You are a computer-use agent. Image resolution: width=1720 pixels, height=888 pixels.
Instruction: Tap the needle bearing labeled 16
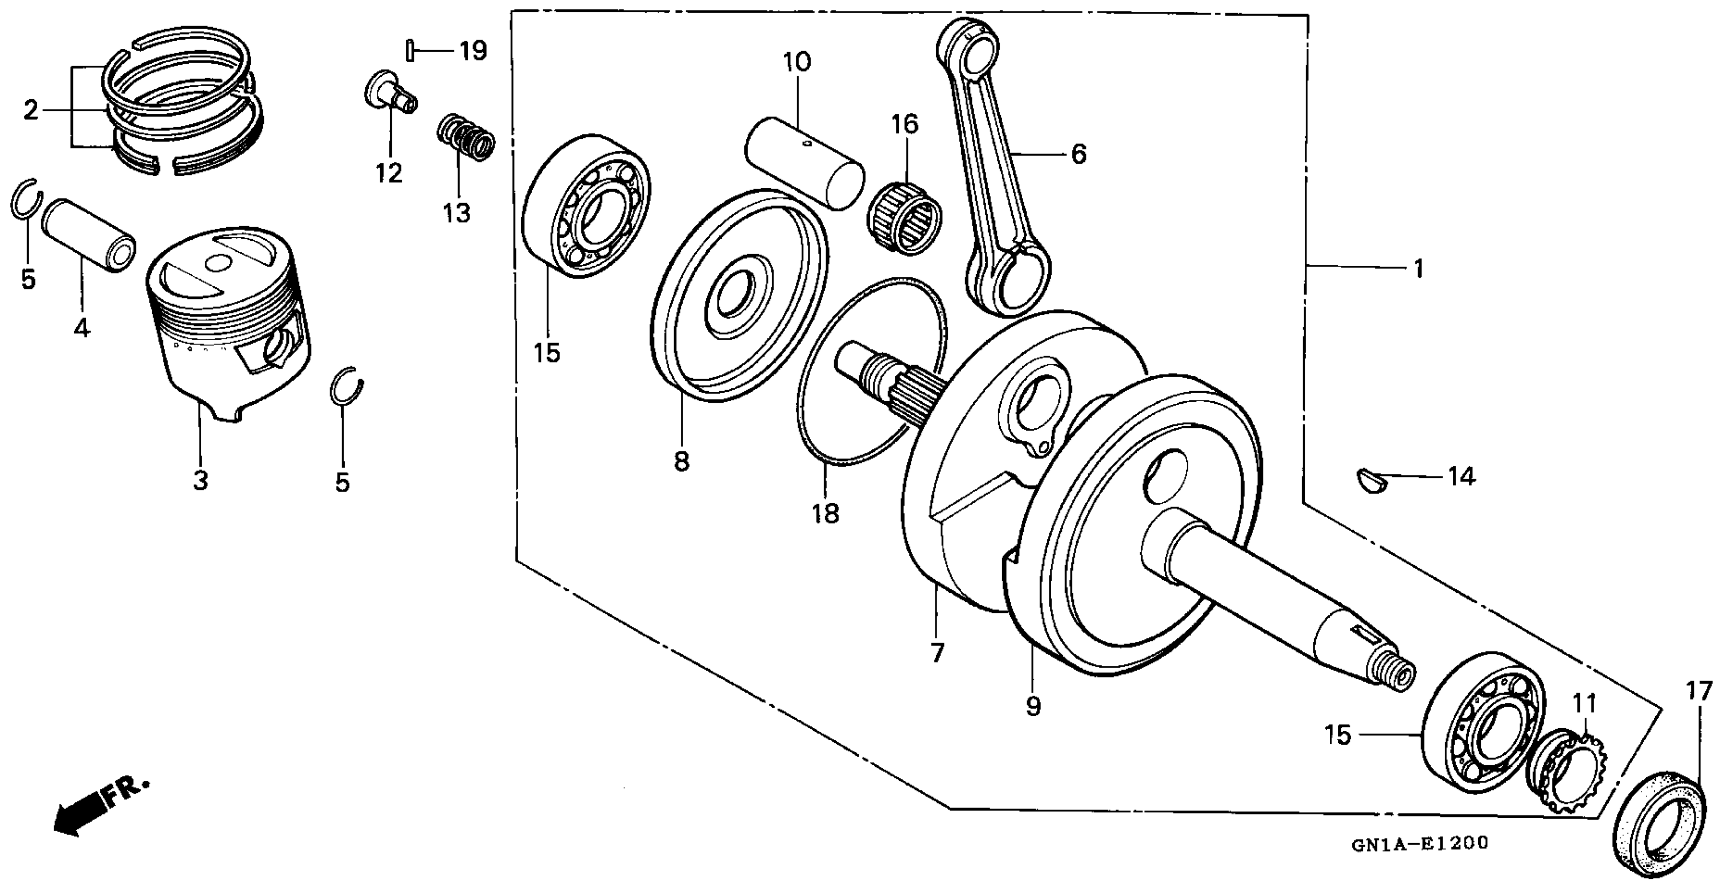click(x=904, y=220)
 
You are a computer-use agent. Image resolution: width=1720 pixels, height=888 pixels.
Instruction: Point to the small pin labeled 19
click(x=411, y=50)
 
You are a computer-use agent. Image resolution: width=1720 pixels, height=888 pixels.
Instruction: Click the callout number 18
click(x=825, y=514)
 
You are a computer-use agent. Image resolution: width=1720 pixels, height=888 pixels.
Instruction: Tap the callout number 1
click(x=1419, y=268)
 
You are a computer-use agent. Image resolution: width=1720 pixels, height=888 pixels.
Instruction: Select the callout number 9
click(x=1033, y=706)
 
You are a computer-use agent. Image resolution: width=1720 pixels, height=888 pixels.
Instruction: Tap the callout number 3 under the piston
click(x=201, y=480)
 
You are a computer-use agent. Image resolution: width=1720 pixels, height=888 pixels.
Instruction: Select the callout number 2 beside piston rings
click(x=31, y=111)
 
